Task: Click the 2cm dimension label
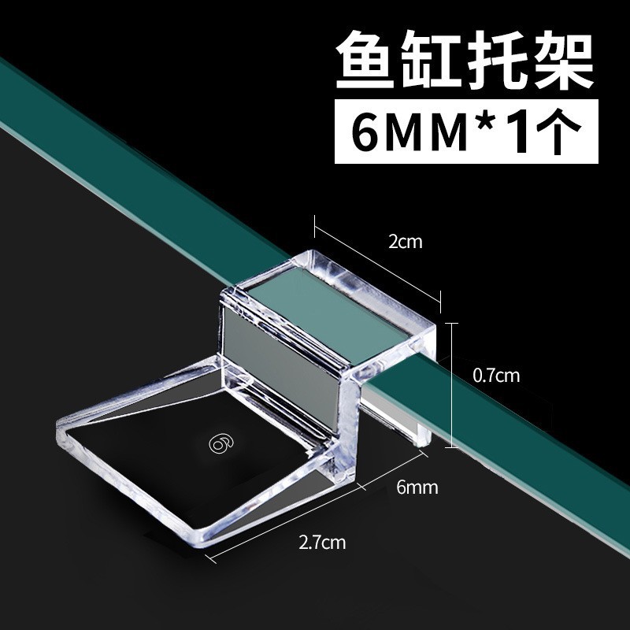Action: click(x=406, y=242)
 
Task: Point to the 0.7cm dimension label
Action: click(x=495, y=376)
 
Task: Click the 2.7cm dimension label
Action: click(x=321, y=543)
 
